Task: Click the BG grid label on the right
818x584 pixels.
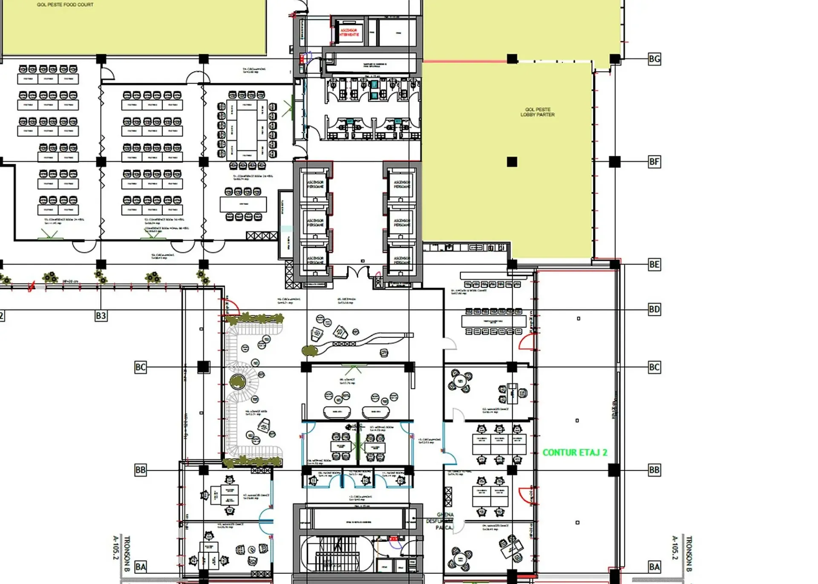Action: (x=654, y=59)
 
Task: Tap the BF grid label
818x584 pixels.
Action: (x=654, y=162)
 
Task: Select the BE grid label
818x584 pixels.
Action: (x=654, y=265)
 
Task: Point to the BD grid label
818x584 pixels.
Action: (x=654, y=309)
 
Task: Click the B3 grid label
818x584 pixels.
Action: (x=101, y=316)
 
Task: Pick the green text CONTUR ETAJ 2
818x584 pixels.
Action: (x=575, y=452)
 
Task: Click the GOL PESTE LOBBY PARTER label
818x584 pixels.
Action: (x=537, y=112)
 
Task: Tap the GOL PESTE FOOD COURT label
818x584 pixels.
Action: (x=65, y=5)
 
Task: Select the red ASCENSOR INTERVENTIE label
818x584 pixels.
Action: (x=349, y=32)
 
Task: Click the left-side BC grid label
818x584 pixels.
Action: (x=140, y=367)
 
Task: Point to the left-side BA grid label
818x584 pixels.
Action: (x=140, y=567)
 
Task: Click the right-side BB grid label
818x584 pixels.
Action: (x=654, y=470)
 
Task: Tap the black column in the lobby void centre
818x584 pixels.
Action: (x=512, y=162)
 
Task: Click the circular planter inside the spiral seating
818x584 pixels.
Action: (x=237, y=382)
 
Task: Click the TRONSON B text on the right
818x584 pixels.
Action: (x=689, y=553)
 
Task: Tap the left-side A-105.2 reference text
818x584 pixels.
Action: (x=115, y=547)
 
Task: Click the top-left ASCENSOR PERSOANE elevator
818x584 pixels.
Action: (x=315, y=184)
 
